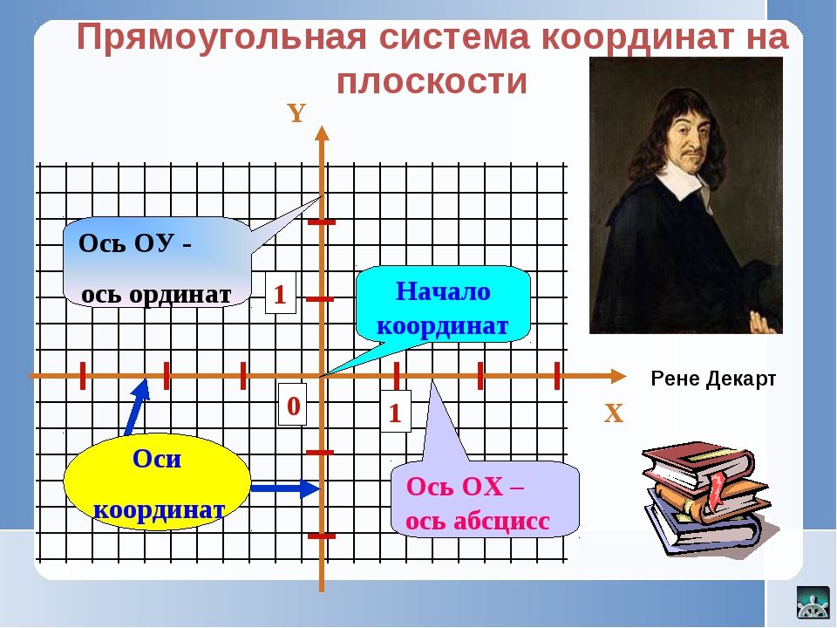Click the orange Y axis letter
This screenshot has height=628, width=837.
[296, 113]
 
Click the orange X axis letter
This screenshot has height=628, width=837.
[613, 413]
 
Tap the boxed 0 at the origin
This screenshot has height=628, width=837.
[293, 406]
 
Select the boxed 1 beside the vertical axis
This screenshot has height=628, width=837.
[280, 294]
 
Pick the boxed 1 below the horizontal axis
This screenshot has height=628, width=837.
[395, 413]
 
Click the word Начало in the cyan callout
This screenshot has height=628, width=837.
[443, 291]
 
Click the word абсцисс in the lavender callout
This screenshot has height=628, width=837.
[501, 522]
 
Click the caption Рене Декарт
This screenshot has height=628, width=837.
[713, 379]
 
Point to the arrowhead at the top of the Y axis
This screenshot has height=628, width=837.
[322, 133]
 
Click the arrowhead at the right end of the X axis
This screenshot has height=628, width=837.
[618, 376]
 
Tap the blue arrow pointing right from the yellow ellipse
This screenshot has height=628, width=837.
[285, 488]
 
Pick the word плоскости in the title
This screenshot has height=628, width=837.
[432, 82]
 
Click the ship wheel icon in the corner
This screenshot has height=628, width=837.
[813, 603]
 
